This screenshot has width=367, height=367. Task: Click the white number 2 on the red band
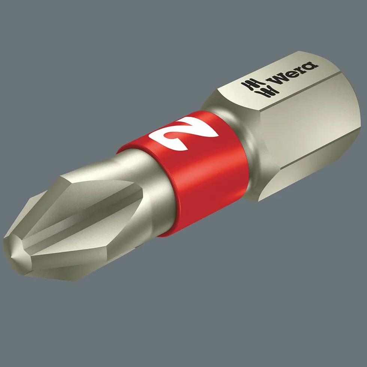point(184,133)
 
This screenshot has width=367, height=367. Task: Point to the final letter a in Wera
point(311,66)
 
